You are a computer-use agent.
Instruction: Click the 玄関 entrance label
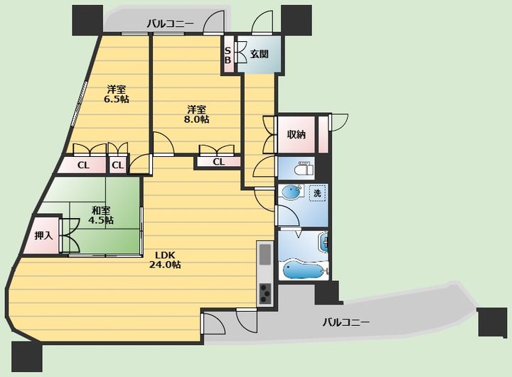(260, 54)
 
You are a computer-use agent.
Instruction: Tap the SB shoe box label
(228, 55)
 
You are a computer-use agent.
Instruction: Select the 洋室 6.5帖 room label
(116, 94)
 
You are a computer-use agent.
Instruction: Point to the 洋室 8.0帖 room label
(196, 114)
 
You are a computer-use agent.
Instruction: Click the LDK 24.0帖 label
(165, 260)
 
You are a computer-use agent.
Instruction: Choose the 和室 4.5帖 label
(100, 215)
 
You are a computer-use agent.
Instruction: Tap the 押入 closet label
(43, 235)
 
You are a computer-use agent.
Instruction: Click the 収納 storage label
(296, 134)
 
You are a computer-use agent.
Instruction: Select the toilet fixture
(304, 168)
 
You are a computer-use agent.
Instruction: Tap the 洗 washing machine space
(317, 193)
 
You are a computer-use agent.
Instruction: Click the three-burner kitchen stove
(265, 293)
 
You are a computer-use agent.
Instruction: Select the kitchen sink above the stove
(265, 254)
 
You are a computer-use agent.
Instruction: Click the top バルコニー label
(170, 24)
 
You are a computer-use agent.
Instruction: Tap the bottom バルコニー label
(346, 323)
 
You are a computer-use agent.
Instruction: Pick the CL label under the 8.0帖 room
(219, 162)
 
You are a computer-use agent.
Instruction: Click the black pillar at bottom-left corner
(27, 356)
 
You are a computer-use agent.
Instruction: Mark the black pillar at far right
(493, 322)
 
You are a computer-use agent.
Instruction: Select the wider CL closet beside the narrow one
(82, 165)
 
